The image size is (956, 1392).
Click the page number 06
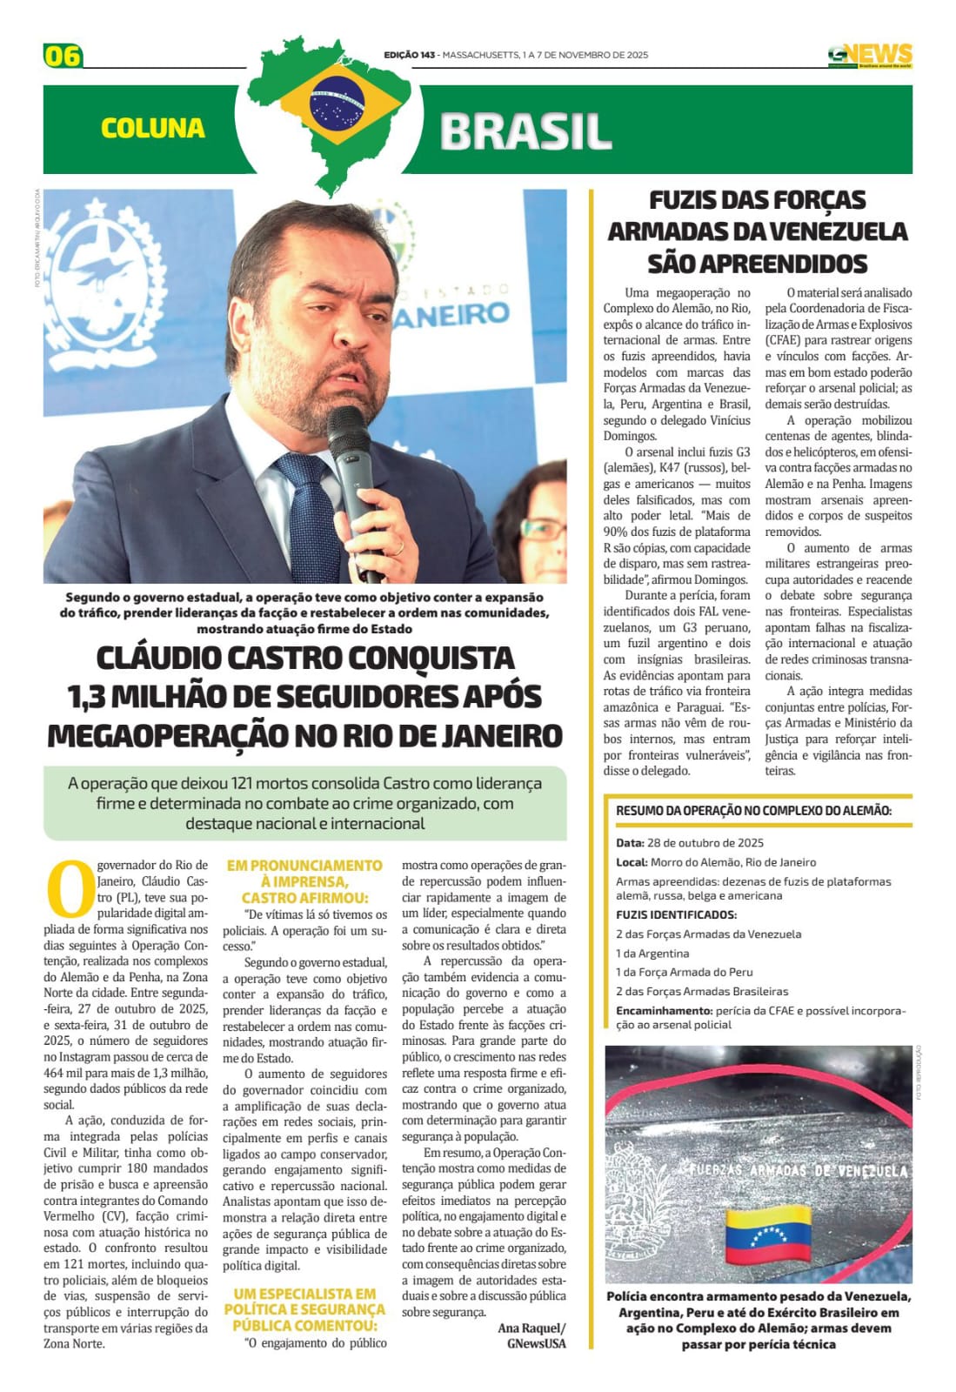tap(62, 56)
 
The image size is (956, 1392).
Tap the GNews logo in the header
tap(869, 56)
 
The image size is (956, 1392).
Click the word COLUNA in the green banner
tap(152, 129)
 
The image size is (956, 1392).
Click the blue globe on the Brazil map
tap(337, 103)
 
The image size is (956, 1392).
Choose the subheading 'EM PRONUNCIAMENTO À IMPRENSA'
tap(304, 873)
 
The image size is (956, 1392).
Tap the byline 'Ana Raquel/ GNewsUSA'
tap(532, 1335)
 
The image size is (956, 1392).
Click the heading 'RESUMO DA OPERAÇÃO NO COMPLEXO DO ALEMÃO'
tap(753, 811)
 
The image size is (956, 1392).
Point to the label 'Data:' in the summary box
tap(629, 842)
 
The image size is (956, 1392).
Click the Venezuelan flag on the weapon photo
tap(767, 1235)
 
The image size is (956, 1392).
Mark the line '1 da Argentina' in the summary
tap(652, 954)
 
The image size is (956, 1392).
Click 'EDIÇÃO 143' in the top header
tap(409, 55)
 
